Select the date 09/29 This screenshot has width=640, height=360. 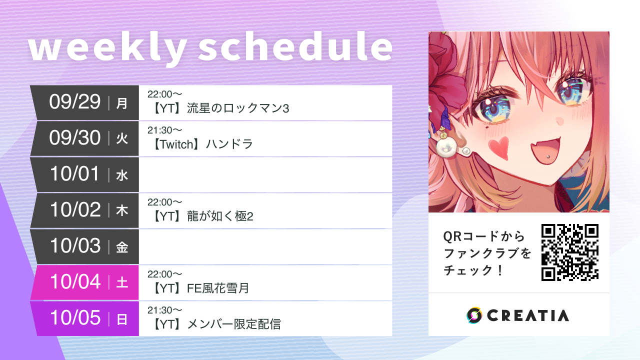click(x=75, y=102)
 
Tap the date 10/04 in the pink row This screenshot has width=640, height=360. click(x=75, y=282)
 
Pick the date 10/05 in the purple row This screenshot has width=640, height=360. click(x=75, y=318)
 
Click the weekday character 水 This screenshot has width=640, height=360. click(x=122, y=175)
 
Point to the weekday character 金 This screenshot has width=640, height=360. click(x=122, y=247)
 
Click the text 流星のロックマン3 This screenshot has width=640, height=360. click(x=238, y=108)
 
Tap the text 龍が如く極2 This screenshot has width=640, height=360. click(x=220, y=216)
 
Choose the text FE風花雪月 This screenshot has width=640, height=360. click(x=218, y=288)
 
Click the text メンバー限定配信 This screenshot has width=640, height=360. click(x=233, y=324)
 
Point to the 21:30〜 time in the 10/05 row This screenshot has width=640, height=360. click(x=164, y=310)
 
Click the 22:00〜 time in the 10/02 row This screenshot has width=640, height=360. click(x=164, y=202)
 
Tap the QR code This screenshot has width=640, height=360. click(x=570, y=252)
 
